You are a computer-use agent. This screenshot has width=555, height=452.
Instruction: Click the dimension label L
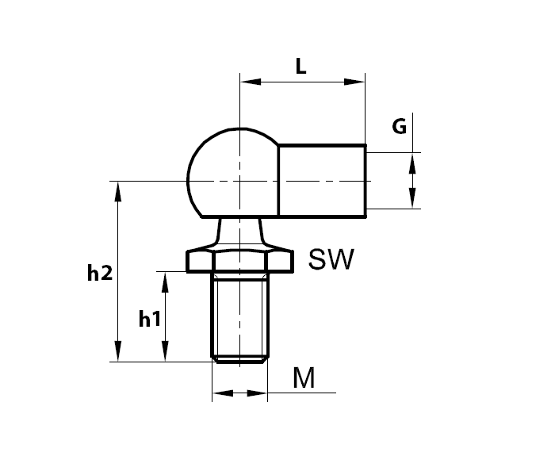[301, 67]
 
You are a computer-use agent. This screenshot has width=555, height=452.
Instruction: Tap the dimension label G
[400, 125]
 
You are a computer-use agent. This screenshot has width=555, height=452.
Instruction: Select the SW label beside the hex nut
[330, 259]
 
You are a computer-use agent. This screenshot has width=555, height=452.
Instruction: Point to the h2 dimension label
[99, 274]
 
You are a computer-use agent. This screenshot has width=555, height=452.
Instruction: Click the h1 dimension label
[149, 319]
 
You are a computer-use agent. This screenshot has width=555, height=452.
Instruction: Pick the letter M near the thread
[304, 379]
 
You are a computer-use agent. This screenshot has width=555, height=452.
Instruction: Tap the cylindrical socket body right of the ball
[321, 180]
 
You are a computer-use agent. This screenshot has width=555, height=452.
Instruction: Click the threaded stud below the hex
[240, 313]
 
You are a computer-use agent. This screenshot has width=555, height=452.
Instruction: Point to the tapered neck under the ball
[240, 233]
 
